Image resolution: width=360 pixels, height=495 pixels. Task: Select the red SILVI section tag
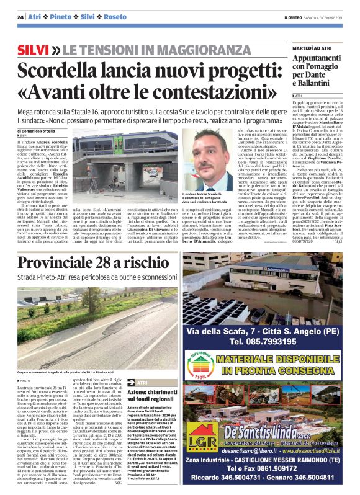coord(33,49)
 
